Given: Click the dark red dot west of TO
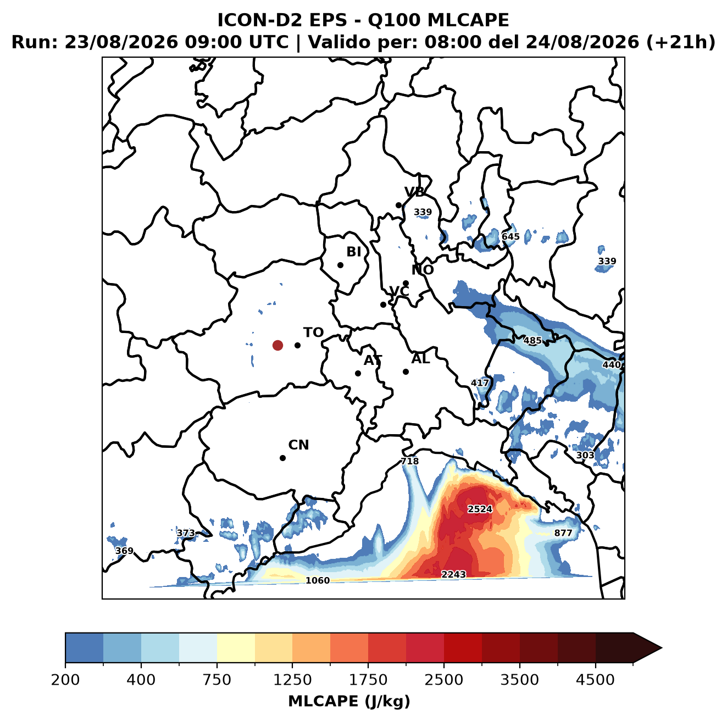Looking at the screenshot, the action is pyautogui.click(x=278, y=345).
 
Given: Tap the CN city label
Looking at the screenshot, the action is pyautogui.click(x=298, y=445).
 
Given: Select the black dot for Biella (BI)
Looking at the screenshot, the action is pyautogui.click(x=340, y=265).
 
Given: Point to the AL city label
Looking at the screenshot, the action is pyautogui.click(x=420, y=359).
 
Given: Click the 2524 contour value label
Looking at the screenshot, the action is pyautogui.click(x=480, y=509).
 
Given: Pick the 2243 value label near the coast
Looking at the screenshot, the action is pyautogui.click(x=453, y=574).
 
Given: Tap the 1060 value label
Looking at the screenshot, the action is pyautogui.click(x=317, y=580).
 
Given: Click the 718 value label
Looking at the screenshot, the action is pyautogui.click(x=409, y=461).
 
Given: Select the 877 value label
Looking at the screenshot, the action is pyautogui.click(x=563, y=533).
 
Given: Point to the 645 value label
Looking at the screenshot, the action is pyautogui.click(x=510, y=236).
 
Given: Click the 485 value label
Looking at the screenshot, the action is pyautogui.click(x=532, y=341).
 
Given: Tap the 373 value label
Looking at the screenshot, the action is pyautogui.click(x=186, y=533).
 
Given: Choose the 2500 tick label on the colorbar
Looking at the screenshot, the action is pyautogui.click(x=443, y=680).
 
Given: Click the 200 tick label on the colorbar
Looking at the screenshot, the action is pyautogui.click(x=65, y=680).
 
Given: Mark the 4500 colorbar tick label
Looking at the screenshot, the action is pyautogui.click(x=595, y=680).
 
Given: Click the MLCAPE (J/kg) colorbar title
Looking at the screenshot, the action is pyautogui.click(x=349, y=701).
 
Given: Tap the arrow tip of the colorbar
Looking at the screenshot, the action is pyautogui.click(x=662, y=648).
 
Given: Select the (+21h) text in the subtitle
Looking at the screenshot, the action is pyautogui.click(x=681, y=42).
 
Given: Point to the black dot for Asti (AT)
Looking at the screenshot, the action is pyautogui.click(x=358, y=374).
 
